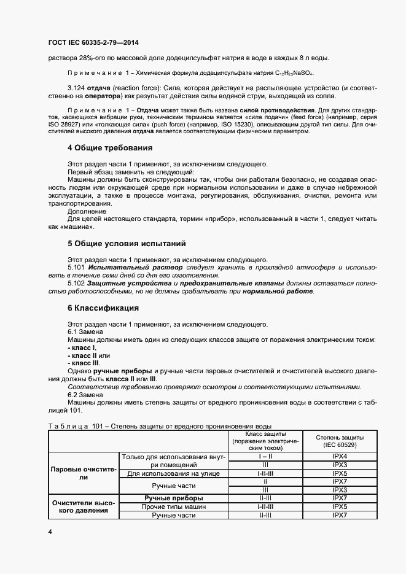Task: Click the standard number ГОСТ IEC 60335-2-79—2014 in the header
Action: click(93, 42)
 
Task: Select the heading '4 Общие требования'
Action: click(109, 148)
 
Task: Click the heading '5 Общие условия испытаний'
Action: click(126, 244)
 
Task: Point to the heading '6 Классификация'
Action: click(103, 308)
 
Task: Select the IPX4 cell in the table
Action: click(340, 457)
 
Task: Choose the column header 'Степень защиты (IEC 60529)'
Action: click(340, 441)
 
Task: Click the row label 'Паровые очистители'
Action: click(83, 472)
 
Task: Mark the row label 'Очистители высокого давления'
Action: click(83, 506)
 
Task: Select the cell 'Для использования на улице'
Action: click(174, 474)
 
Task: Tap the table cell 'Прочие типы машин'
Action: click(174, 507)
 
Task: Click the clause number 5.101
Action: click(76, 268)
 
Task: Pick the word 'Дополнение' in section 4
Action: click(85, 211)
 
